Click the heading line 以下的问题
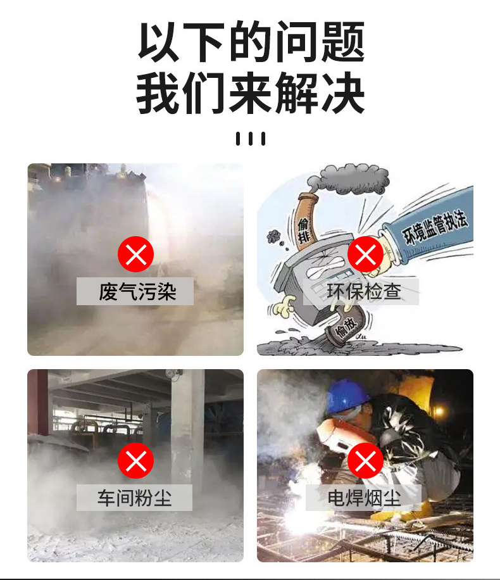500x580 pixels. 251,42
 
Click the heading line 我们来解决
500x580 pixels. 251,93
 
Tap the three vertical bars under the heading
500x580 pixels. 251,139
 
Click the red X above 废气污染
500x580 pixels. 135,254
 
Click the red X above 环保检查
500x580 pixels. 365,254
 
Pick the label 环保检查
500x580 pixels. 364,291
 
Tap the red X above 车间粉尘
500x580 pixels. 135,460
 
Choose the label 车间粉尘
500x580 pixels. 134,498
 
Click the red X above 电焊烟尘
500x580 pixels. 365,460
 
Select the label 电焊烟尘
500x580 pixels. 364,498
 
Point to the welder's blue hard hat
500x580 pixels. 347,397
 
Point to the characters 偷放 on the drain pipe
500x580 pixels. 346,327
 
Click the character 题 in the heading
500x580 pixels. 342,42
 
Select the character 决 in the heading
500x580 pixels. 344,93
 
